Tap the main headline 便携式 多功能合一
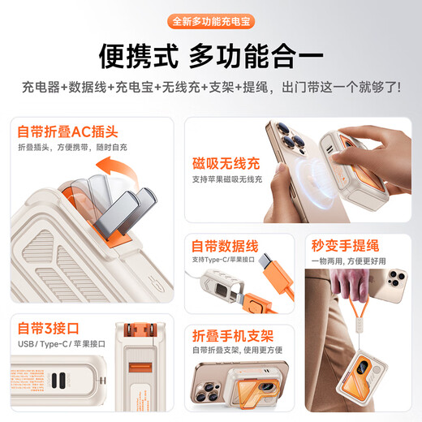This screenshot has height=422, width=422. (210, 56)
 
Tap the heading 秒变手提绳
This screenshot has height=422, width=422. (349, 245)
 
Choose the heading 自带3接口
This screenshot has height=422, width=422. (49, 328)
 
